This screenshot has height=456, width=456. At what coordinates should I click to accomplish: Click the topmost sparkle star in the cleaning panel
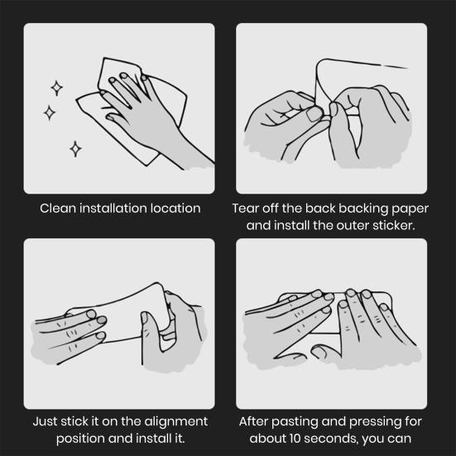pos(57,88)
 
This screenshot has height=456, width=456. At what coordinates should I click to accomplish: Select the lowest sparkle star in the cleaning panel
pos(75,149)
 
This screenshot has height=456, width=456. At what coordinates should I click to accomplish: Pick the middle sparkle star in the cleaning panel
pos(50,113)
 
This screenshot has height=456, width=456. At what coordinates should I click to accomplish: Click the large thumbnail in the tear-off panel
pos(314,114)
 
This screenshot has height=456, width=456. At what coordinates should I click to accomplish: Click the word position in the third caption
pos(79,439)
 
